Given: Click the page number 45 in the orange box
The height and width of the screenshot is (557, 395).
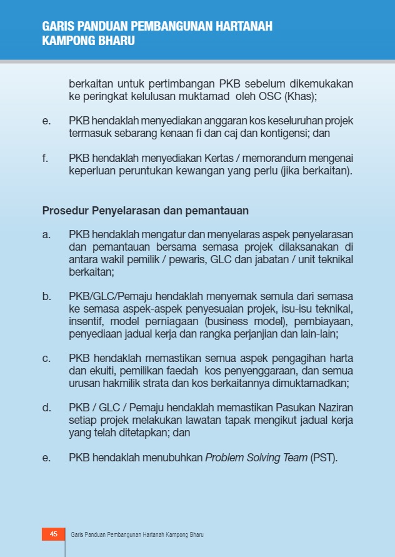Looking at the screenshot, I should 53,534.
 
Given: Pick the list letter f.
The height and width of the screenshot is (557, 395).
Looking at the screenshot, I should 45,158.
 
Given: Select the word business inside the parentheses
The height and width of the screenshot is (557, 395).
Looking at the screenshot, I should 227,321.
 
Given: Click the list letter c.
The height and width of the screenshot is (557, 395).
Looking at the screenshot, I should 46,358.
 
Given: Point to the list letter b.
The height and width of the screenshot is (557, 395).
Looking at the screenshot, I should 46,296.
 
